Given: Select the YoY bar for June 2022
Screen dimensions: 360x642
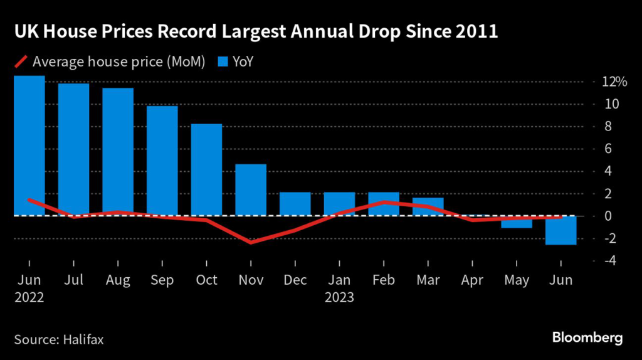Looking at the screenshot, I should coord(29,146).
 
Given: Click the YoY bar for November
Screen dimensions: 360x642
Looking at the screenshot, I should coord(251,190).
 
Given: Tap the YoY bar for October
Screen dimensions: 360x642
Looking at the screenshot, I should coord(206,170).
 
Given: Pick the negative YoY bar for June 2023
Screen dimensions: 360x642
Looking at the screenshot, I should coord(560,230).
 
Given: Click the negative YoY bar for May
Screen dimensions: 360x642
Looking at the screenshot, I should coord(517,222).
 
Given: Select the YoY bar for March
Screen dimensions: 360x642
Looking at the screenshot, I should coord(428,207).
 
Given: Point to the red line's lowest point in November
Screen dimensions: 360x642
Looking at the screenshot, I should coord(251,242).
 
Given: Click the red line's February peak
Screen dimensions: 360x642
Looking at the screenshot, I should coord(384,202).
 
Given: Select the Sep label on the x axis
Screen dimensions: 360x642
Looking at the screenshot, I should coord(162,280).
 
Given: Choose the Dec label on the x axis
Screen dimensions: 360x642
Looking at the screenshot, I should coord(295,280).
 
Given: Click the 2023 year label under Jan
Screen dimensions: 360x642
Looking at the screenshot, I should coord(339,297).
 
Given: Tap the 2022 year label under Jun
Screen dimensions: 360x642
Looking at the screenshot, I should coord(29,297).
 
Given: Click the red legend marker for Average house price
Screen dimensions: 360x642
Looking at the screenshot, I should coord(21,61).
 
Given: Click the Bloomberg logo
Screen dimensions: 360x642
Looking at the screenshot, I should coord(587,338).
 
